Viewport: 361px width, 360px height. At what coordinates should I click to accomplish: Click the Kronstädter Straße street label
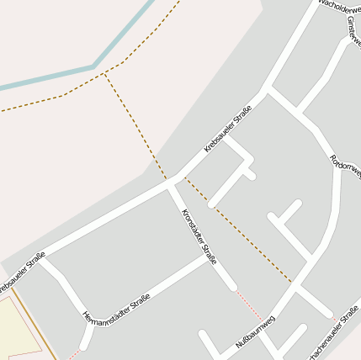(199, 236)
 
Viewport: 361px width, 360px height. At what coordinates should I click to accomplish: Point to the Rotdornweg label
(345, 166)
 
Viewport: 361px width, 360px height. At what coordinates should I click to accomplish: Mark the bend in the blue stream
(93, 66)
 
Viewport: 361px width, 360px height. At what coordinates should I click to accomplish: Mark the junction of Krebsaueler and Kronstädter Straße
(171, 186)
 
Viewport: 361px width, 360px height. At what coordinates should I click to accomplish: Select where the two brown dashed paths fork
(105, 73)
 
